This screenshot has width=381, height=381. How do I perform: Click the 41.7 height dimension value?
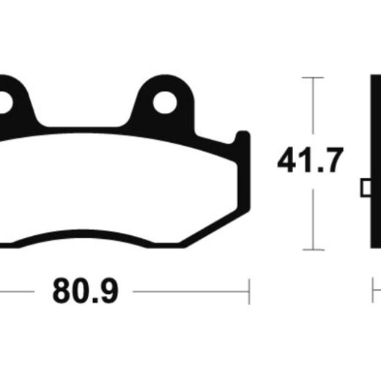pyautogui.click(x=310, y=160)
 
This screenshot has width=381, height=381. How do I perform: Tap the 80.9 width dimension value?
pyautogui.click(x=86, y=291)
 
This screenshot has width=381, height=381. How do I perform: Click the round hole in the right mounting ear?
pyautogui.click(x=165, y=103)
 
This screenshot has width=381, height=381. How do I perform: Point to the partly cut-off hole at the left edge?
pyautogui.click(x=5, y=103)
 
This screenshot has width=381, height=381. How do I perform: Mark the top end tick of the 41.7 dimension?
pyautogui.click(x=313, y=78)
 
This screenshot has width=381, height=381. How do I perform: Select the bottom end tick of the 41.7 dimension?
pyautogui.click(x=314, y=250)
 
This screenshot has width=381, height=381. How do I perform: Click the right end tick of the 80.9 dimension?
pyautogui.click(x=249, y=292)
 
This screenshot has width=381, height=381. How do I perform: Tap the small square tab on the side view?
pyautogui.click(x=366, y=188)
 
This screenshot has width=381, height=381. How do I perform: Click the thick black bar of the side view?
pyautogui.click(x=376, y=161)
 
